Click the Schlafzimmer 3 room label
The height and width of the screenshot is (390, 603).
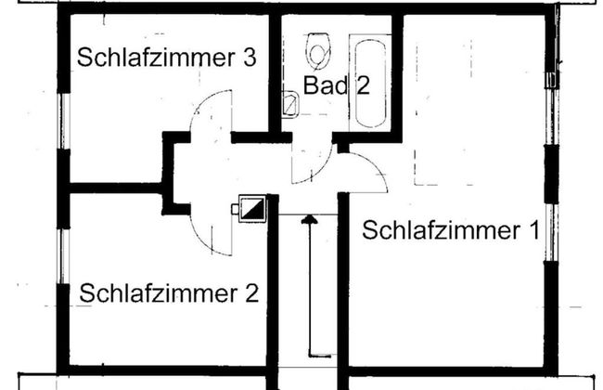(167, 58)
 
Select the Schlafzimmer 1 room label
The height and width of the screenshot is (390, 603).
(450, 230)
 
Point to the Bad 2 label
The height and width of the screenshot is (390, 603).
(337, 86)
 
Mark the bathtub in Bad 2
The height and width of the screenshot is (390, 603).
(368, 82)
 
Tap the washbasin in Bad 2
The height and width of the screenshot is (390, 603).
(289, 110)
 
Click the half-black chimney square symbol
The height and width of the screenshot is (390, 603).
(252, 210)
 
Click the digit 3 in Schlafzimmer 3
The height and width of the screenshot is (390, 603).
(250, 58)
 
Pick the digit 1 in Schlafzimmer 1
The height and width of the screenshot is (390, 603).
(532, 230)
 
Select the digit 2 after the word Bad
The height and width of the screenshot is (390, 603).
(362, 86)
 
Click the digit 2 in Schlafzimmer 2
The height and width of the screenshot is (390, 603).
(250, 294)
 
